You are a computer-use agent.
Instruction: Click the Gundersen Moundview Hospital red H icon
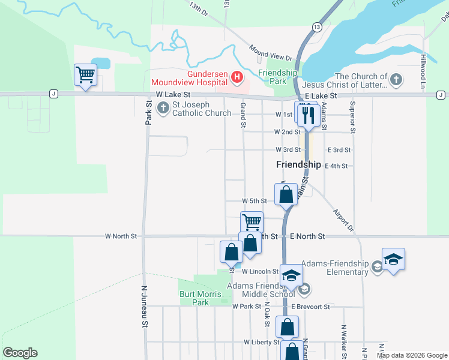point(237,77)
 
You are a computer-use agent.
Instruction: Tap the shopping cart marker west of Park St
point(85,75)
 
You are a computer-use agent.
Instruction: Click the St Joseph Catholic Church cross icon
point(163,108)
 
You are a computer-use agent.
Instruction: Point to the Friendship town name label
point(298,164)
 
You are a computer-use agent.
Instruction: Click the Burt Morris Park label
point(194,298)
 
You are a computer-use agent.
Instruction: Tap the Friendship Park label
point(277,77)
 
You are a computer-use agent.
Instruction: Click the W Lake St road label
point(173,95)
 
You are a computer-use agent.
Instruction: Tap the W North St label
point(121,236)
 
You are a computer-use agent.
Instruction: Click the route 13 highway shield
point(316,27)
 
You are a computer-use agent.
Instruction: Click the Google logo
point(20,353)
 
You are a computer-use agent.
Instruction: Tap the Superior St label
point(354,117)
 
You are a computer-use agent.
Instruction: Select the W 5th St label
point(254,200)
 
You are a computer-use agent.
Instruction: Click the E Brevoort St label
point(310,307)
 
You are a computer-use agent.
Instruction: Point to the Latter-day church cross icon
point(396,79)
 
